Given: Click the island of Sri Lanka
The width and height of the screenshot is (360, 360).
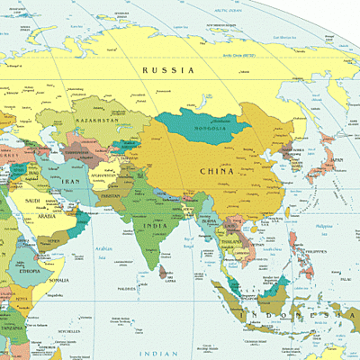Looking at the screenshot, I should [164, 270].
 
